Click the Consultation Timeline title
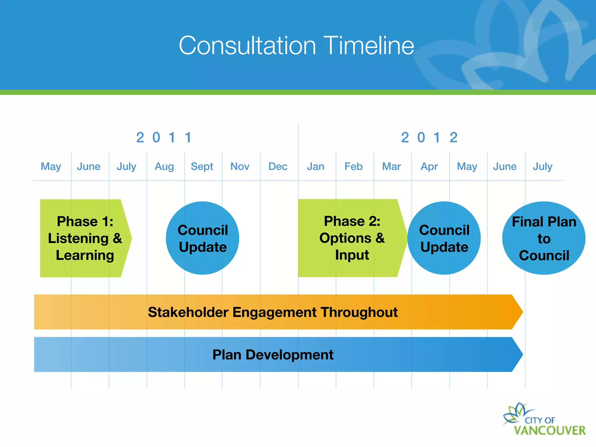(296, 46)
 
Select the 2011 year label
(164, 138)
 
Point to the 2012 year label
(429, 138)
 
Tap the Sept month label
(202, 166)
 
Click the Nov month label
(240, 166)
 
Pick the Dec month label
(278, 166)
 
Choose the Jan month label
(315, 166)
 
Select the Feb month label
(353, 166)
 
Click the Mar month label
(391, 166)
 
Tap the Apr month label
(429, 166)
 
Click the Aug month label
(164, 166)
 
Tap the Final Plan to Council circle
(544, 238)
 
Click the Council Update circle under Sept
(203, 238)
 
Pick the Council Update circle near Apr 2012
(444, 238)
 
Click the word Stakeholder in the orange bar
(188, 312)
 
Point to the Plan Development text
(273, 355)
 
